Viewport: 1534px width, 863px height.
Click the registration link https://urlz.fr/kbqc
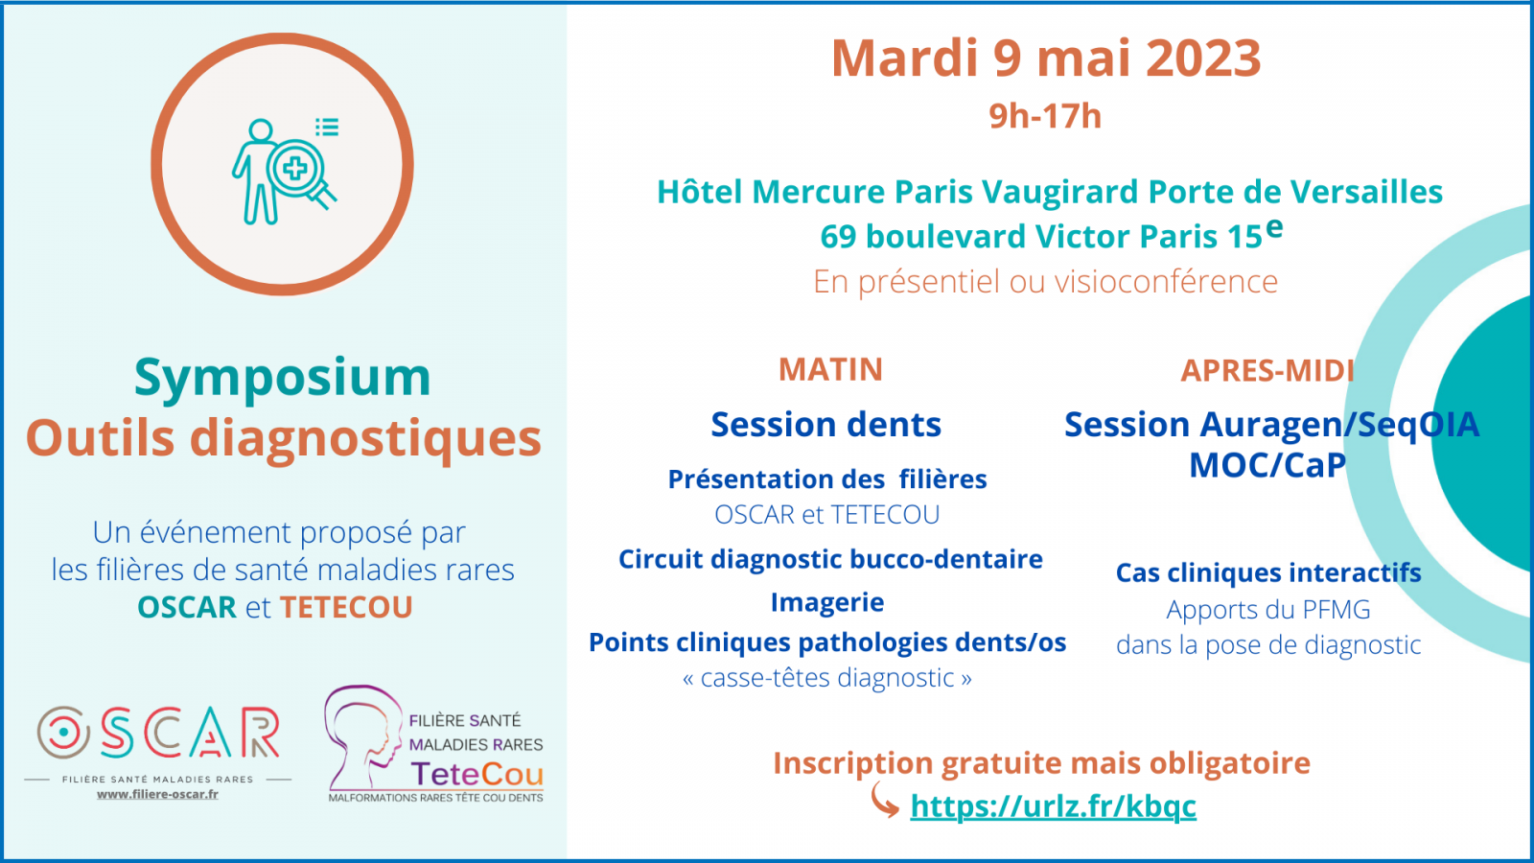[x=1054, y=806]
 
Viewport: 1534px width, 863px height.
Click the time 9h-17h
[x=1045, y=116]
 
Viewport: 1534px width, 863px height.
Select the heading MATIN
[x=830, y=370]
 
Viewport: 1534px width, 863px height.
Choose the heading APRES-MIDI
[x=1267, y=370]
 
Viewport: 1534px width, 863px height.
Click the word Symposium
[x=282, y=378]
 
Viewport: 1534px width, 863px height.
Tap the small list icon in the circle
[x=327, y=127]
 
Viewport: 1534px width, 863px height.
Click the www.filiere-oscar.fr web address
[x=157, y=795]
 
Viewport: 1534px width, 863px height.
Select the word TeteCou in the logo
[x=476, y=774]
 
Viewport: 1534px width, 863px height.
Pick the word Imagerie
[x=827, y=602]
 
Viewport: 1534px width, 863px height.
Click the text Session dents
[x=825, y=425]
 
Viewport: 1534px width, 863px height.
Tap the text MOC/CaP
[x=1267, y=465]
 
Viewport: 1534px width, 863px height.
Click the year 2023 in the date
[x=1203, y=58]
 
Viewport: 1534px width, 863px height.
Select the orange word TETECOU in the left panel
[x=346, y=608]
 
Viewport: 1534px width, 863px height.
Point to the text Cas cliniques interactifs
[x=1268, y=572]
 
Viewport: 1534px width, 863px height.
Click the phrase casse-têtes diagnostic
[x=827, y=678]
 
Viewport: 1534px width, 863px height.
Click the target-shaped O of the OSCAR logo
[x=63, y=733]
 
